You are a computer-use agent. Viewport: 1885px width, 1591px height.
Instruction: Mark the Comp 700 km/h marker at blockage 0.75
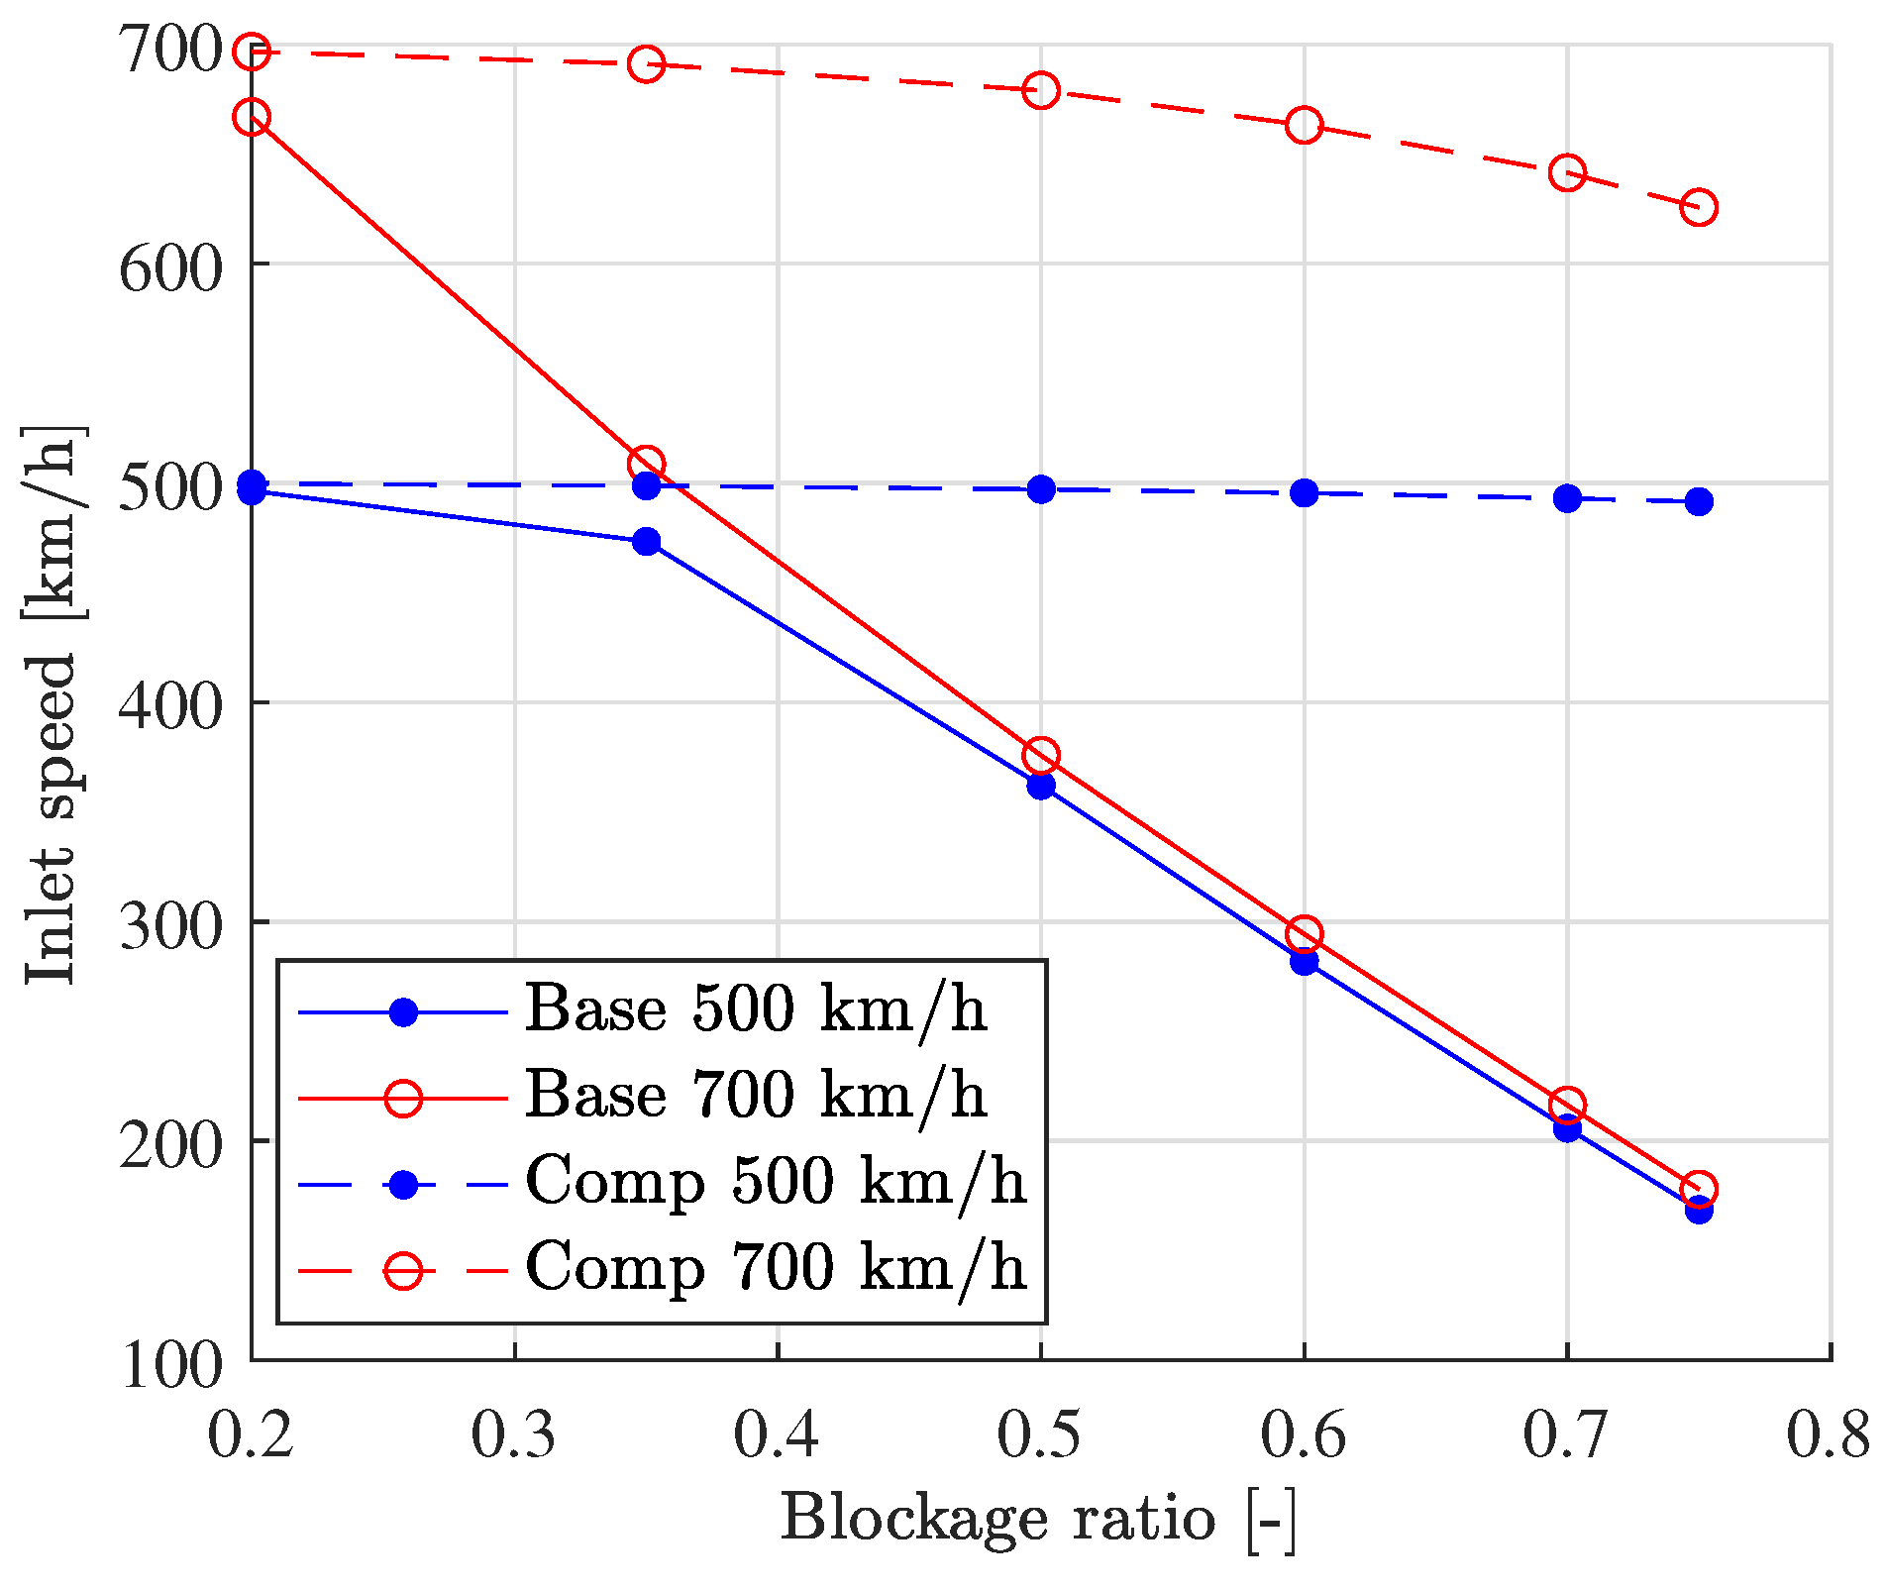click(1699, 208)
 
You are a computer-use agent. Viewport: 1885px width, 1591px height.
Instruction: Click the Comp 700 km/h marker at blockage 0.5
click(1040, 90)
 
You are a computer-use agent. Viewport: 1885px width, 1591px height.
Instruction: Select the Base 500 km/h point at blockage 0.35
click(646, 541)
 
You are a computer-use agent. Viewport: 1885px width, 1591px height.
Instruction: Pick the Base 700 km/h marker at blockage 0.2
click(252, 117)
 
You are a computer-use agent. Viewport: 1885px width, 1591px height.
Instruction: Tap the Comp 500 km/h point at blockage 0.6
click(1304, 492)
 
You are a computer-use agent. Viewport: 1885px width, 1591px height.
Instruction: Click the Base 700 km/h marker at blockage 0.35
click(646, 464)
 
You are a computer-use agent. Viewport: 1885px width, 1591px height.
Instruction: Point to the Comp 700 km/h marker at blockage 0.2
click(252, 51)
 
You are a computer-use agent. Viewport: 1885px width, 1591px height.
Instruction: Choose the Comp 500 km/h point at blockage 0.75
click(1699, 501)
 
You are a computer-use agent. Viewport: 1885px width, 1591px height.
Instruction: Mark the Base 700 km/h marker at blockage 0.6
click(1304, 933)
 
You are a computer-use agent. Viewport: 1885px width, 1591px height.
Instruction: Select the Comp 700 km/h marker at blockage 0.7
click(1567, 172)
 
